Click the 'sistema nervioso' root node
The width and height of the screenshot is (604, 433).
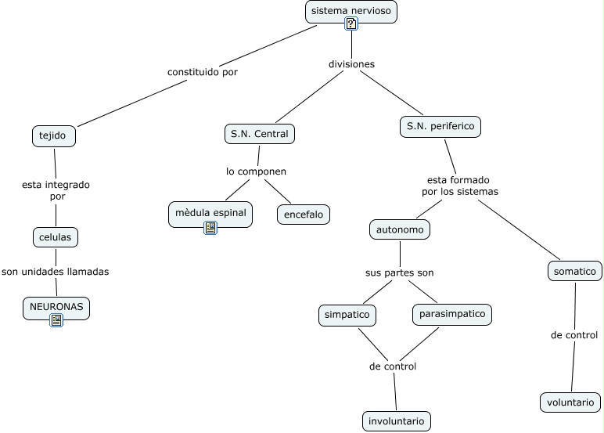pos(351,11)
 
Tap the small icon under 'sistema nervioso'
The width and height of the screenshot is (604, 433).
pos(351,24)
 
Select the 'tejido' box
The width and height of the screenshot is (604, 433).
pos(55,135)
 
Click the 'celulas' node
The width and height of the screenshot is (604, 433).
pos(56,237)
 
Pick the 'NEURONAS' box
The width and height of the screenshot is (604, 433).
pos(56,307)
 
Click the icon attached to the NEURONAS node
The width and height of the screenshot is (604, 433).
pos(56,319)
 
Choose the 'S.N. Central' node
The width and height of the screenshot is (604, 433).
pos(259,134)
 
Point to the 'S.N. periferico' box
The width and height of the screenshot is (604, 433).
pos(440,125)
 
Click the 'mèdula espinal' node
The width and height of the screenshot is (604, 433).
pos(210,212)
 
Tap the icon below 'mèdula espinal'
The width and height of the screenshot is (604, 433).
pos(210,228)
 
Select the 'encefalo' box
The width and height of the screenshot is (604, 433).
pos(304,215)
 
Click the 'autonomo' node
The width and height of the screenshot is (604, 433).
pos(400,230)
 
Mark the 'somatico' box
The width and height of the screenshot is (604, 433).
pos(574,271)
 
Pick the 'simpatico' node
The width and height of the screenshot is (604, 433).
pos(347,315)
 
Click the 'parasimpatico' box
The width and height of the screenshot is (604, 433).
pos(452,314)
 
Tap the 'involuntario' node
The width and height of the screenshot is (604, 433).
pos(397,420)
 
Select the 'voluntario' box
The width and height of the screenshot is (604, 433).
pos(570,402)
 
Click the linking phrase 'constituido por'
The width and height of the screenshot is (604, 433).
pos(203,72)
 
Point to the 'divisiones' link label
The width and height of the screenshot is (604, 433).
pos(351,64)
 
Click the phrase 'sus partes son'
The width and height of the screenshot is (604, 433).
pos(399,272)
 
